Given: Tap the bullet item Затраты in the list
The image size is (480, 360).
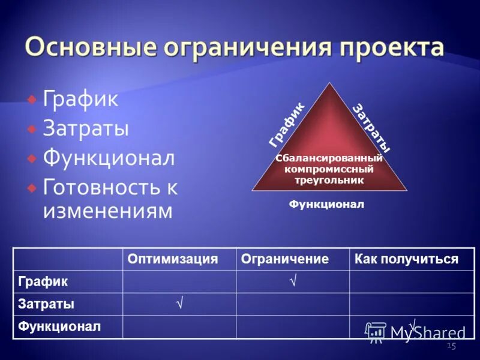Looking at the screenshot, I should [86, 128].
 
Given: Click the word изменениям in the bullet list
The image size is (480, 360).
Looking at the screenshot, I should [107, 211].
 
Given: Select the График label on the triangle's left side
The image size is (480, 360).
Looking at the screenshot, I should [287, 125].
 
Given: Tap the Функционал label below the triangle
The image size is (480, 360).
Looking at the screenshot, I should [326, 205].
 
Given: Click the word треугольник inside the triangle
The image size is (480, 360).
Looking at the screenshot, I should [329, 179].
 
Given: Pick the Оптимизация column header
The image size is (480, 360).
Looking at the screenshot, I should [172, 259].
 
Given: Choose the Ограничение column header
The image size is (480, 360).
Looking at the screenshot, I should [284, 259].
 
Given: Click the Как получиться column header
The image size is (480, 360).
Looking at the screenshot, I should [406, 259].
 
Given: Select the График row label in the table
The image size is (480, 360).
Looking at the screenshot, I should [43, 281].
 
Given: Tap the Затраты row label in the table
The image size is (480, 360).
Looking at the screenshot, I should [46, 304].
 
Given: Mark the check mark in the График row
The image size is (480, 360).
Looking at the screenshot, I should [293, 280].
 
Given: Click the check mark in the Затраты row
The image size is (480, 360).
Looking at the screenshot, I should [179, 304].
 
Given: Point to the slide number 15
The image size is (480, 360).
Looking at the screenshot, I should [452, 346].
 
